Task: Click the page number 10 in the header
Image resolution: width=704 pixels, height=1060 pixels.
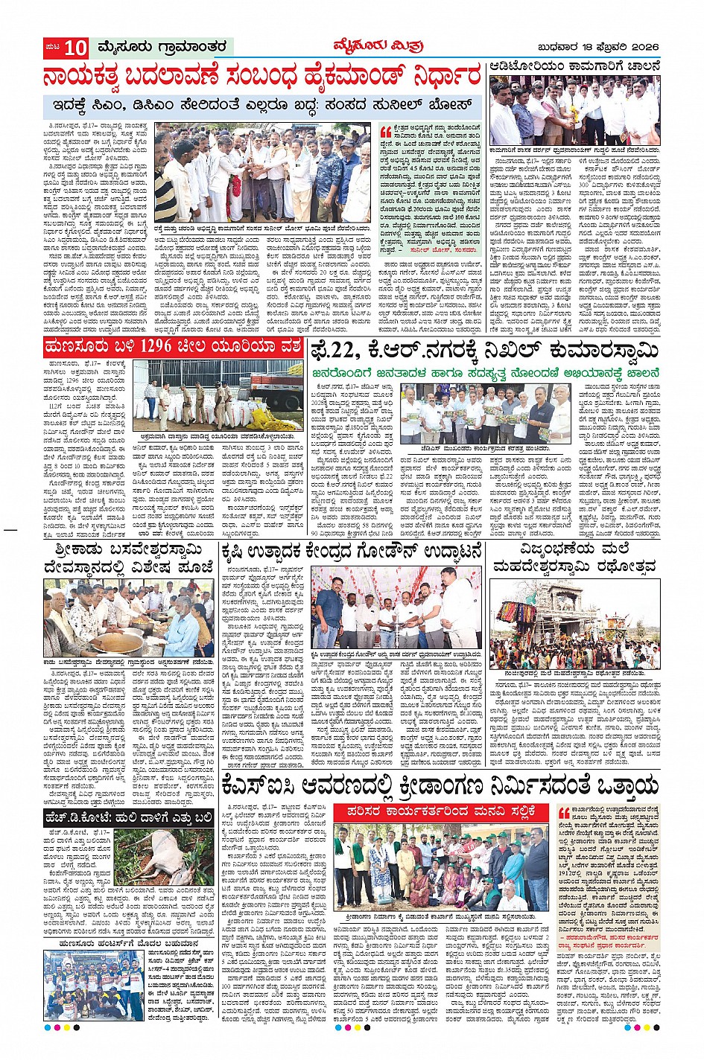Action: click(x=75, y=48)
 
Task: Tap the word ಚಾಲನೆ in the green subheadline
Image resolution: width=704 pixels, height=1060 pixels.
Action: click(x=637, y=371)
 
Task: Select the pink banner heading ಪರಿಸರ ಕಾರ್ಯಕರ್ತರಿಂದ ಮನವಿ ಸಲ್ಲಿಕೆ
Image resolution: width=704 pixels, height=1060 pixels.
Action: click(x=440, y=812)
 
